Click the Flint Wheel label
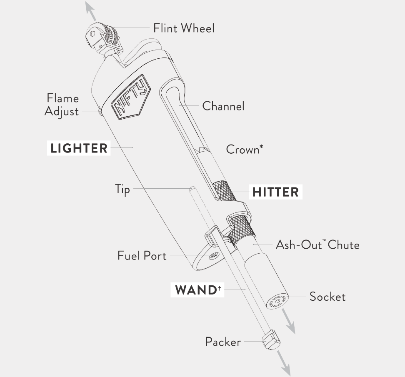184,28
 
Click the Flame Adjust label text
62,105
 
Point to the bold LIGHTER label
79,148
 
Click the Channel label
223,106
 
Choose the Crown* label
244,149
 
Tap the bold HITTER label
275,192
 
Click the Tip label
122,189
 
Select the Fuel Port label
142,255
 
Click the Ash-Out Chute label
317,245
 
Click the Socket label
327,297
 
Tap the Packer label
223,342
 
